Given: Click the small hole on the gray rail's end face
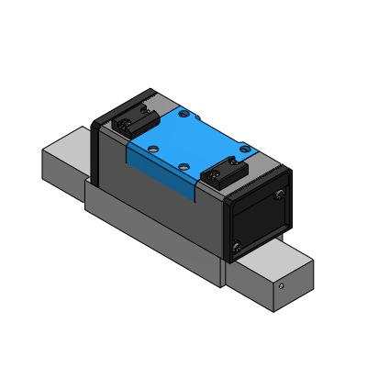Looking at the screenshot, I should pyautogui.click(x=282, y=284).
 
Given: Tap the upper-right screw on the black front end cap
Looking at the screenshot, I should pyautogui.click(x=279, y=194).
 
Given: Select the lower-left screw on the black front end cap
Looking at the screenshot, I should pyautogui.click(x=238, y=245).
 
